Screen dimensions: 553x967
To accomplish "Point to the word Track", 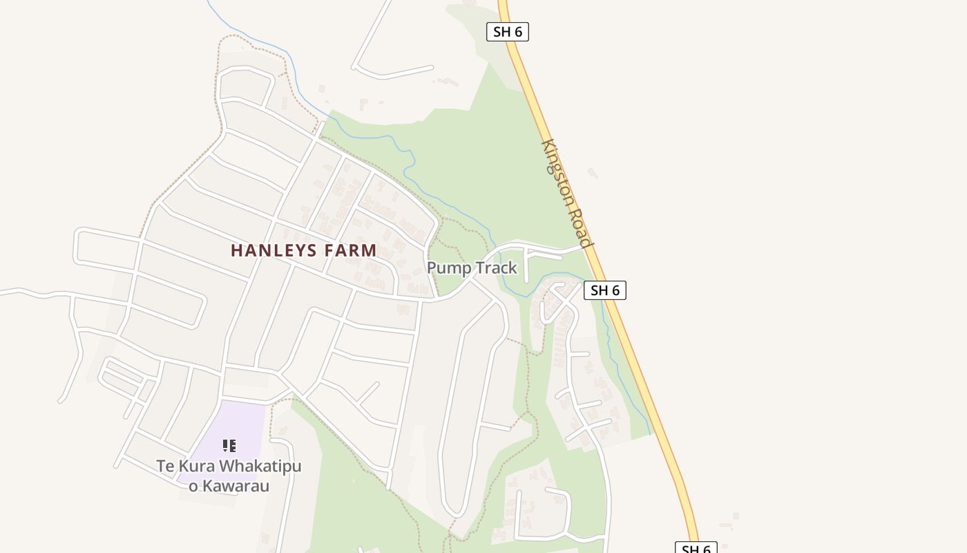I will tap(495, 268).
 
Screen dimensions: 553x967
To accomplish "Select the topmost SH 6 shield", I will tap(508, 32).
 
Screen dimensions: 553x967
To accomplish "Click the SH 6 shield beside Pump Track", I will tap(605, 290).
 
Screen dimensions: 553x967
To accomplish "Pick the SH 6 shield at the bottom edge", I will tap(696, 548).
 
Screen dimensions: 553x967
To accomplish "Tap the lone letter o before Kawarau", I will tap(193, 486).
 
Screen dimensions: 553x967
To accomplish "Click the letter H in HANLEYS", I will tap(236, 250).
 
